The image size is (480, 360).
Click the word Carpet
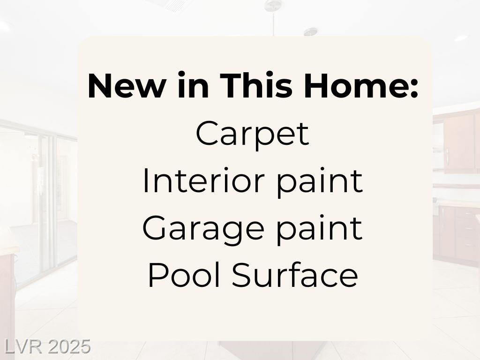(x=252, y=135)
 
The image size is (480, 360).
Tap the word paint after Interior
(x=319, y=182)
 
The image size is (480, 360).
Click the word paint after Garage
(x=319, y=230)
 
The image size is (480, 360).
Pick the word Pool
(x=184, y=275)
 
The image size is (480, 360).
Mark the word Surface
(x=295, y=275)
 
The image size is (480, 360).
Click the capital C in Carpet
(x=208, y=133)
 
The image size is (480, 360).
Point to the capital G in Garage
(x=156, y=228)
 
